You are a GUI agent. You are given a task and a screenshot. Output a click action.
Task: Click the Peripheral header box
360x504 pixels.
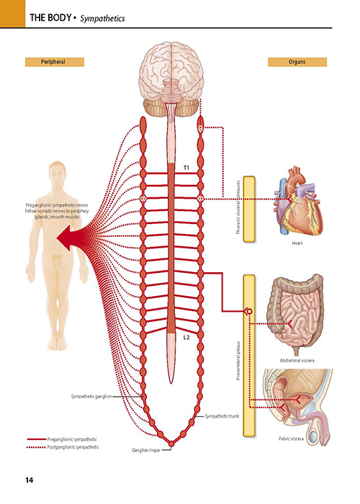(55, 62)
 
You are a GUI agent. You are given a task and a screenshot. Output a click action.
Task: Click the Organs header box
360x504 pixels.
(297, 62)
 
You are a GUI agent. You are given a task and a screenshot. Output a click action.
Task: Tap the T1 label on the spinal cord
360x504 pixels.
(186, 168)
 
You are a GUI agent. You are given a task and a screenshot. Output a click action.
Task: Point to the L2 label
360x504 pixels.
(186, 338)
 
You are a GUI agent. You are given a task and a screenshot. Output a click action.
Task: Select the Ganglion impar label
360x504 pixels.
(146, 450)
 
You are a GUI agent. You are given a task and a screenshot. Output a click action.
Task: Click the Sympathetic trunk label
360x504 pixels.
(222, 416)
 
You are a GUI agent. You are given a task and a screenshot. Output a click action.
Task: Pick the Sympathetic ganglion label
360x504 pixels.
(91, 397)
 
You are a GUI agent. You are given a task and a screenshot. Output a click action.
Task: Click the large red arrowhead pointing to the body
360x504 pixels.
(68, 238)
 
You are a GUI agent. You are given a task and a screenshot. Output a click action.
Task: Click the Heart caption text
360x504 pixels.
(297, 243)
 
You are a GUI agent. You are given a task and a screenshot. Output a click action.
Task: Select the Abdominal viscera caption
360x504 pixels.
(297, 361)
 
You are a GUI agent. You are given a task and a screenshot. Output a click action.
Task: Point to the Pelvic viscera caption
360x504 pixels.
(291, 438)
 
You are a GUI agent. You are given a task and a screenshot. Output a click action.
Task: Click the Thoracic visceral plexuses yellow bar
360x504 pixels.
(249, 209)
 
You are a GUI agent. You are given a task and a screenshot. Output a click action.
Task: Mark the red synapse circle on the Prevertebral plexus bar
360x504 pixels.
(249, 311)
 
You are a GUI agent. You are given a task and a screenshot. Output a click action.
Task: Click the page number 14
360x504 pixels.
(30, 480)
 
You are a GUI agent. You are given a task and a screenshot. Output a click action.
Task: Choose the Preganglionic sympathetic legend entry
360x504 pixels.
(62, 439)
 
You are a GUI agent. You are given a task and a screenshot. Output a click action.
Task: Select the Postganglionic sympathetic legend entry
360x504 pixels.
(63, 447)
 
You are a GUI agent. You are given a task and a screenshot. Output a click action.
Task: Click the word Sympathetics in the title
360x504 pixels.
(102, 18)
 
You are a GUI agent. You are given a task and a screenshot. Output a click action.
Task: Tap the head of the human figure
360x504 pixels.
(57, 174)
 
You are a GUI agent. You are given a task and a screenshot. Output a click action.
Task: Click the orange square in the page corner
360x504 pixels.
(12, 14)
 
